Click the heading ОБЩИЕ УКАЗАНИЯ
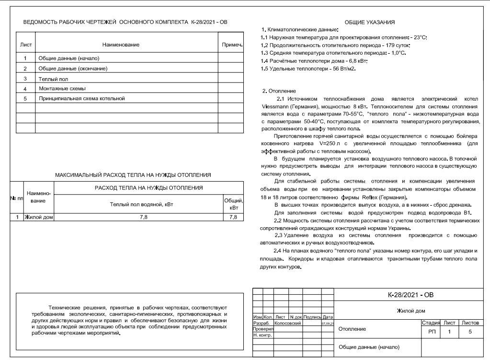[x=373, y=23]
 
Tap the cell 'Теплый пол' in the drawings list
[x=48, y=78]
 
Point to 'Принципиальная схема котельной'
[x=81, y=98]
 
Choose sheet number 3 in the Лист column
[x=24, y=78]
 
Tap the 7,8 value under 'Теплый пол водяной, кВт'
[x=139, y=217]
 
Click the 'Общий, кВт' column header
[x=233, y=205]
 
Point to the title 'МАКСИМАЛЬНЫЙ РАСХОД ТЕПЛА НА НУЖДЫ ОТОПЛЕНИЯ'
[x=133, y=175]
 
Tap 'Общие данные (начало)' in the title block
[x=368, y=347]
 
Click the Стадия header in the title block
[x=430, y=324]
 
